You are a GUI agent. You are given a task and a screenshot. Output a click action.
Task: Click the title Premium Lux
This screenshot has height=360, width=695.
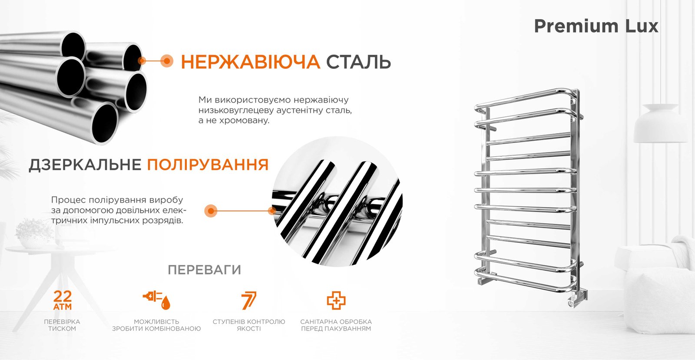(596, 26)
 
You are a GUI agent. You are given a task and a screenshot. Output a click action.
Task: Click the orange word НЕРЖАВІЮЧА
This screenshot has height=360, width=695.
(250, 62)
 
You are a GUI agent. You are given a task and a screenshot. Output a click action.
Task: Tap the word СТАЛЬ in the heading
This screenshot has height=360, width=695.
(358, 62)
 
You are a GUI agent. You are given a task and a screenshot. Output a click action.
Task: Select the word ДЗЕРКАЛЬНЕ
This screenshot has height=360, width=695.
(85, 165)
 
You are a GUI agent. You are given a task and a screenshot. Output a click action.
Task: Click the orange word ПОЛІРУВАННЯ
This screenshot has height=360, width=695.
(208, 164)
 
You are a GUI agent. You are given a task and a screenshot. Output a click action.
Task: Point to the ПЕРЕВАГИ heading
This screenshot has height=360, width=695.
(205, 270)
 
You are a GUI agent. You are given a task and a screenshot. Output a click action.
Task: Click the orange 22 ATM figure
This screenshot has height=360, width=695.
(63, 300)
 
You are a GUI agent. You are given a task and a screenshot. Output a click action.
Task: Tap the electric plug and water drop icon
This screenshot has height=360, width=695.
(157, 300)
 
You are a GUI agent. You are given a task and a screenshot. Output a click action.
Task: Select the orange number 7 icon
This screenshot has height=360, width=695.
(249, 300)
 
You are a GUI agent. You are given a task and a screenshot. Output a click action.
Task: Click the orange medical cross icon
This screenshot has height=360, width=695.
(336, 301)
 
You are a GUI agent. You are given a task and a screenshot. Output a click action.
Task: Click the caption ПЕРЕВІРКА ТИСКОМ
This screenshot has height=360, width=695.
(62, 325)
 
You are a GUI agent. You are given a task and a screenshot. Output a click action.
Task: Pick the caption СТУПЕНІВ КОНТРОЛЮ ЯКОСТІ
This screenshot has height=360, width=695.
(249, 325)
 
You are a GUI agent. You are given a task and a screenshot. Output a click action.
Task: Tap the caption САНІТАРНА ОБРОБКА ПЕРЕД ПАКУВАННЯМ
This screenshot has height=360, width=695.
(336, 325)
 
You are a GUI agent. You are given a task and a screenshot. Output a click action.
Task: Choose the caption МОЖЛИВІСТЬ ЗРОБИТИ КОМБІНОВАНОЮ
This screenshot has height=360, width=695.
(156, 325)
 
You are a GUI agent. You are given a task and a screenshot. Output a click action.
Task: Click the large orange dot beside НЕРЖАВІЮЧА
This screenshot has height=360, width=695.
(167, 61)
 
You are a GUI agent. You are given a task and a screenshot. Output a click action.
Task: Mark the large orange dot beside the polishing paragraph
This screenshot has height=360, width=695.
(211, 211)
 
